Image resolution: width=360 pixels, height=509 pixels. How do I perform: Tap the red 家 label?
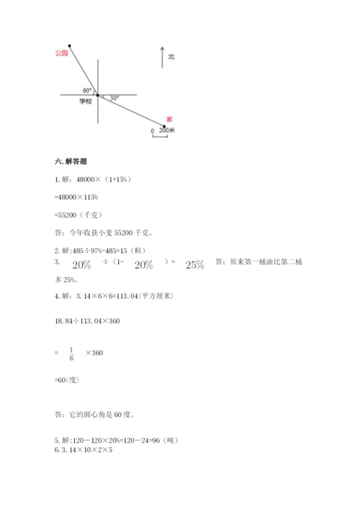(x=169, y=119)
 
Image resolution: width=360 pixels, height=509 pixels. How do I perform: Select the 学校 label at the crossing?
(x=86, y=102)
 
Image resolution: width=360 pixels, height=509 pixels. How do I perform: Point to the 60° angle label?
(x=87, y=90)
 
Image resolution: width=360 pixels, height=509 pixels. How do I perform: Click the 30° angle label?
(x=114, y=96)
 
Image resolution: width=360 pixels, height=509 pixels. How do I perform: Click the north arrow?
(x=162, y=56)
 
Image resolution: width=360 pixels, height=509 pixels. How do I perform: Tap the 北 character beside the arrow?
(x=171, y=56)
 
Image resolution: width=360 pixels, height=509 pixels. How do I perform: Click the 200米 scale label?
(x=167, y=130)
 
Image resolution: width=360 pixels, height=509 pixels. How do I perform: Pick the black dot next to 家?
(x=164, y=127)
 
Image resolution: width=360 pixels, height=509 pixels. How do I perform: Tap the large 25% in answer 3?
(x=195, y=265)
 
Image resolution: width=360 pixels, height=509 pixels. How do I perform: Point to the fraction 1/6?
(x=71, y=353)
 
